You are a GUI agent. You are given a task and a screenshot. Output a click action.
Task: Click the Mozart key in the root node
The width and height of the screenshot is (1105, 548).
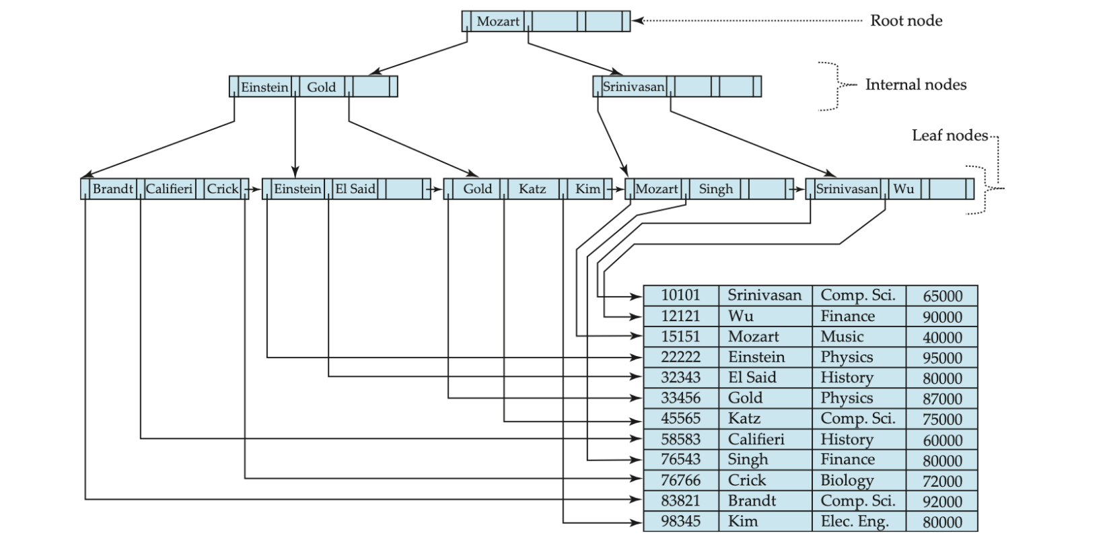coord(498,22)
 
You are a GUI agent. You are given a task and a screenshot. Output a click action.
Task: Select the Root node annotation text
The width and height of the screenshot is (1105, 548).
coord(906,21)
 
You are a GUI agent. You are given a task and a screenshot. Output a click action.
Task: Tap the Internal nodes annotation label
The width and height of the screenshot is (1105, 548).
coord(915,85)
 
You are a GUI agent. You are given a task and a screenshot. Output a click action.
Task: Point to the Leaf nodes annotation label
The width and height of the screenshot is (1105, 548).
coord(950,135)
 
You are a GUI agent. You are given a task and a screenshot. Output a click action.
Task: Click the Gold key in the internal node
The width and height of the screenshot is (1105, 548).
coord(321,87)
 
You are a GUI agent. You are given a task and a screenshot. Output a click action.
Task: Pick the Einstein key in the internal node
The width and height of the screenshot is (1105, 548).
coord(264,87)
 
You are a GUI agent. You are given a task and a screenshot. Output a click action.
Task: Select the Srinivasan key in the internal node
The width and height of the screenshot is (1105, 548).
coord(633,87)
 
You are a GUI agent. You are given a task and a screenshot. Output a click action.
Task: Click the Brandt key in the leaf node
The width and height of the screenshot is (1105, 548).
coord(112,189)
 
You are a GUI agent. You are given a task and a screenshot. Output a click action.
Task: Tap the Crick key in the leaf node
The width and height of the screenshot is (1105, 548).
coord(223,189)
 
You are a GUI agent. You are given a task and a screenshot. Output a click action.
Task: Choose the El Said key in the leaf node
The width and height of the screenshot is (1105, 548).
coord(355,189)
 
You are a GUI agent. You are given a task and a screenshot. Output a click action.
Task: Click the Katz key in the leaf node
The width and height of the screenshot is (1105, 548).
coord(532,189)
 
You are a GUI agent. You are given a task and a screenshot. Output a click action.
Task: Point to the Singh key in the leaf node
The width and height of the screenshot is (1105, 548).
coord(715,189)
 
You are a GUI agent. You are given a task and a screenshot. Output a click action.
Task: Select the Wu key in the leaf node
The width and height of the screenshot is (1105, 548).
coord(903,189)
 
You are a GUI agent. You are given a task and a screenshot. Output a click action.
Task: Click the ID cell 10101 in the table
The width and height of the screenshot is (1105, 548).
coord(680,296)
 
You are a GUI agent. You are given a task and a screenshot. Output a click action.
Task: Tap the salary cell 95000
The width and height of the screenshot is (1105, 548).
coord(942,357)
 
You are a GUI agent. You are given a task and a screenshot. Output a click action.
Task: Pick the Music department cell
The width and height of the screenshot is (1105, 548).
coord(842,337)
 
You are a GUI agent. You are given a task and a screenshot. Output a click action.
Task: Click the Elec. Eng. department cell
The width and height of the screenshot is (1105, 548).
coord(855,522)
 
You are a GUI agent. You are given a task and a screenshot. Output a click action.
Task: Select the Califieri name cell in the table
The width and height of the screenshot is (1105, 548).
coord(756,440)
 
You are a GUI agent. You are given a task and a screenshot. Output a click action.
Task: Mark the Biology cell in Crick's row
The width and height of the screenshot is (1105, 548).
coord(847,481)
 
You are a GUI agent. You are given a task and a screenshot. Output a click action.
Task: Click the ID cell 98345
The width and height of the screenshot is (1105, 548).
coord(680,522)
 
